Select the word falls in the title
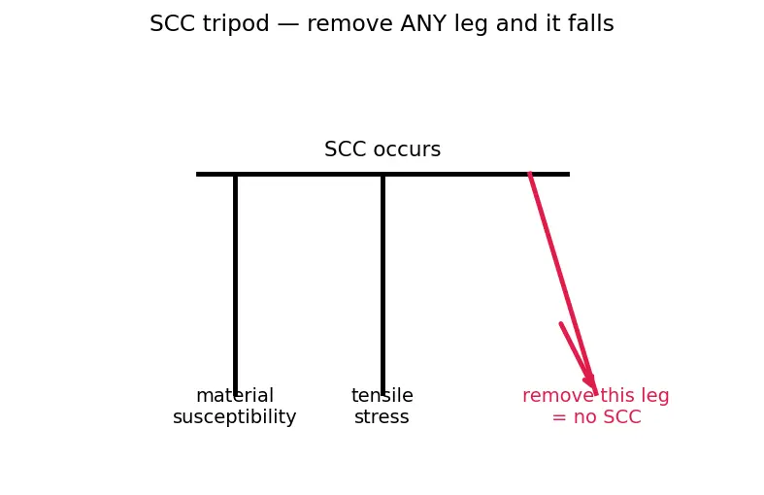click(x=591, y=23)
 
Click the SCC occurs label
click(x=382, y=149)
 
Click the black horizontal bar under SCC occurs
click(x=383, y=174)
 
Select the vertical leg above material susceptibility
click(x=235, y=284)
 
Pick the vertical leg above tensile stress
click(x=383, y=284)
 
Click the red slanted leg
click(x=563, y=283)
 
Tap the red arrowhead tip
click(x=596, y=394)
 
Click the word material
click(x=235, y=396)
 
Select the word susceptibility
click(x=234, y=417)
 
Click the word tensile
click(x=382, y=396)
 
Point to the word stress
click(x=382, y=417)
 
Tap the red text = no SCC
click(x=596, y=417)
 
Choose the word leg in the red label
click(x=656, y=397)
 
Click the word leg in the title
click(x=466, y=24)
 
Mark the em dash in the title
click(x=288, y=24)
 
